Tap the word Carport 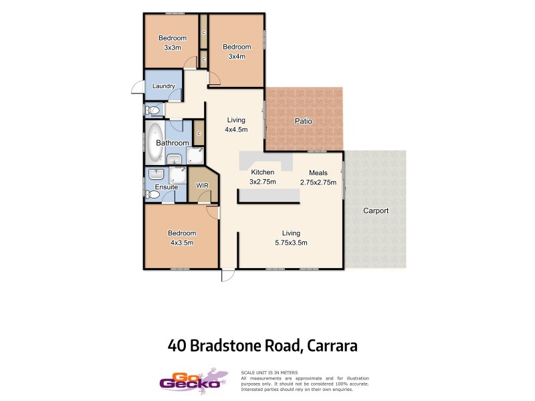click(375, 211)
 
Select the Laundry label click(164, 86)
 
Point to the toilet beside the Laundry click(153, 110)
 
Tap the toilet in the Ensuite click(153, 195)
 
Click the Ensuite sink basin click(158, 173)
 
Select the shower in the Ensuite click(179, 176)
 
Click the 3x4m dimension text click(236, 56)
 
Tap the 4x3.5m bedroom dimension click(181, 243)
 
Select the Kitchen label click(262, 172)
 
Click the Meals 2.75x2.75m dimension click(318, 181)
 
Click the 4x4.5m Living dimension click(236, 130)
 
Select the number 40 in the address click(177, 346)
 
